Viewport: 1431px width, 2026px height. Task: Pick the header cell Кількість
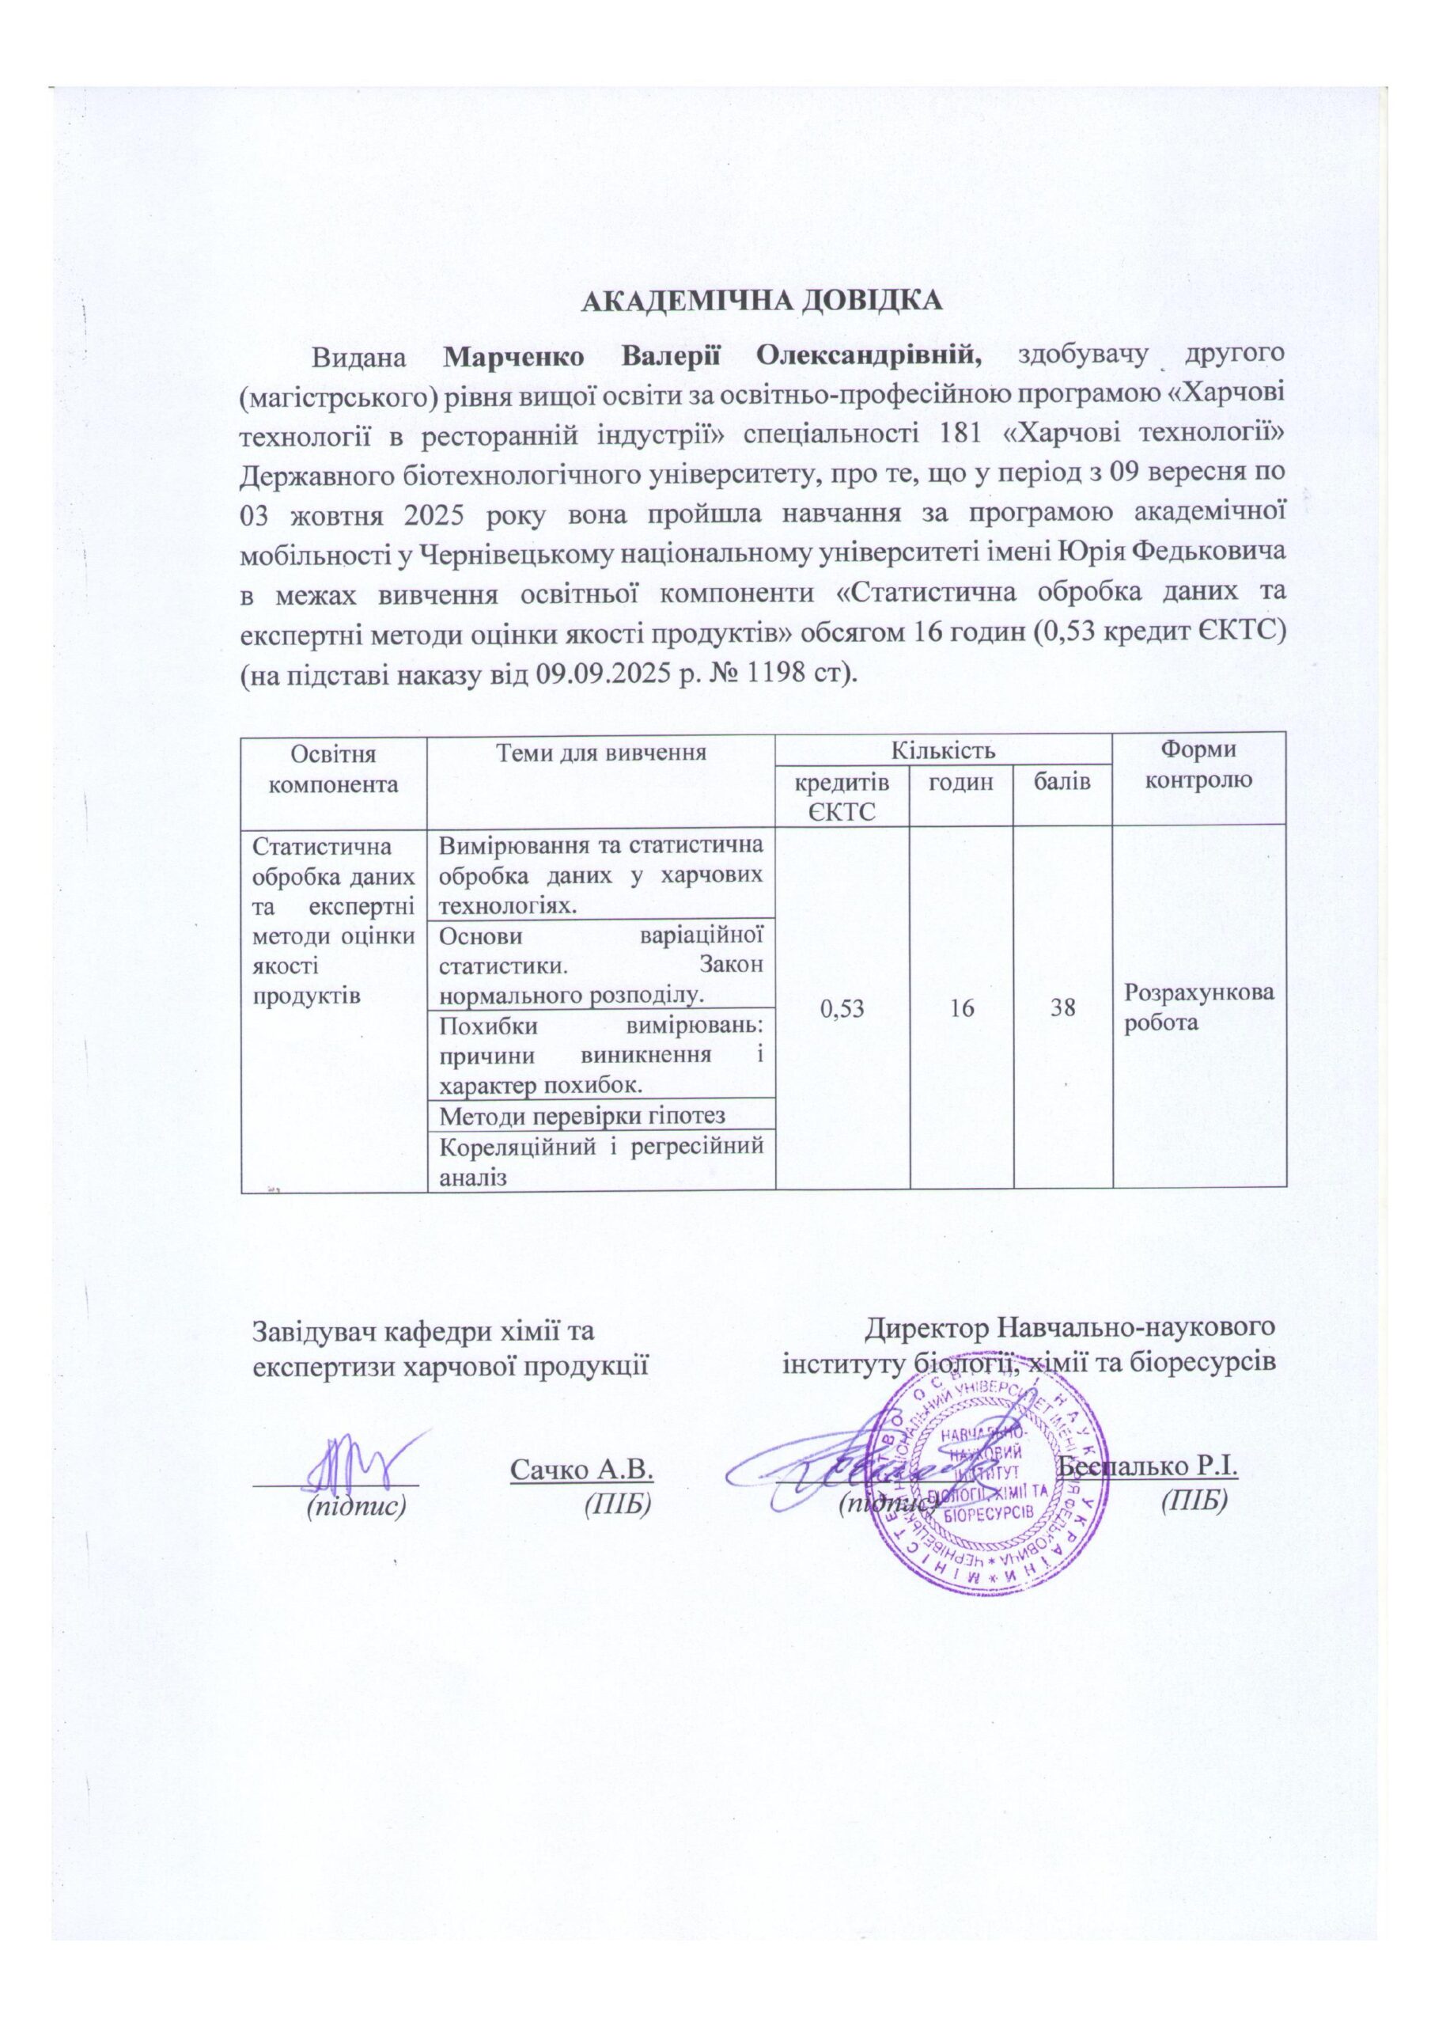[x=943, y=752]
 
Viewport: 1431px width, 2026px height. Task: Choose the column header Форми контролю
[x=1198, y=765]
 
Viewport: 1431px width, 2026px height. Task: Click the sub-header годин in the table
[x=961, y=781]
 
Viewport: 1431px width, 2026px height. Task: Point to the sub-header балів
[x=1062, y=781]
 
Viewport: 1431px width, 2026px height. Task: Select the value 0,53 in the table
[x=842, y=1007]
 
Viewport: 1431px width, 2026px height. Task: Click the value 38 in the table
[x=1062, y=1007]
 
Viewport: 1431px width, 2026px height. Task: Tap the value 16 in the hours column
[x=961, y=1007]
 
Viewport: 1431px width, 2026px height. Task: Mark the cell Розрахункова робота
[x=1198, y=1007]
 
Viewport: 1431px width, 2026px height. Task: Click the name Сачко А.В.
[x=581, y=1468]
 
